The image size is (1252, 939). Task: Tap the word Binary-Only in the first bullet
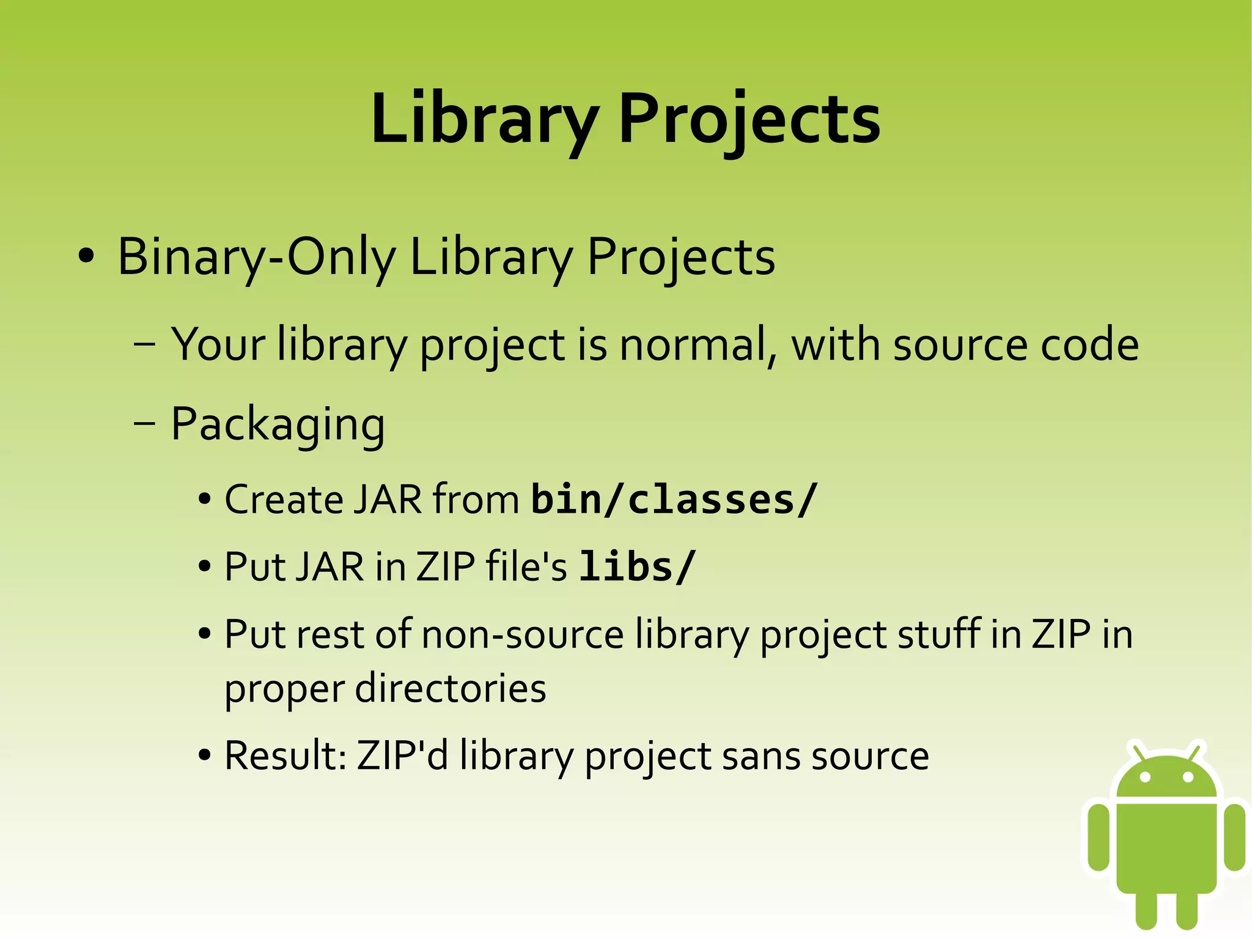256,257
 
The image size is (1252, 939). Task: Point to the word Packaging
278,424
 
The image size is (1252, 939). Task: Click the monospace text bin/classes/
674,500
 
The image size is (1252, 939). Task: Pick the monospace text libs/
637,566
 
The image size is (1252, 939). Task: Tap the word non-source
523,634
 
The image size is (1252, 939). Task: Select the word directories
451,688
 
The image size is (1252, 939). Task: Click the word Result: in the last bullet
286,755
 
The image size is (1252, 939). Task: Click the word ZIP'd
402,755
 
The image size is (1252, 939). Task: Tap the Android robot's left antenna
1138,751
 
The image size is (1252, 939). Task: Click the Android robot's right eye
1188,778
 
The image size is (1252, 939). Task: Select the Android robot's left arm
1099,837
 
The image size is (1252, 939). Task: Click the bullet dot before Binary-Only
86,257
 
